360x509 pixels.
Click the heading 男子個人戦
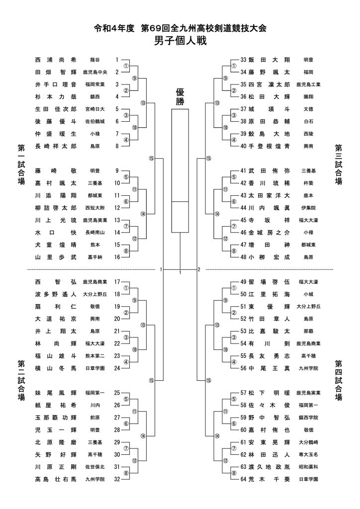[x=180, y=41]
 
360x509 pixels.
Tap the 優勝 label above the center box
[x=180, y=97]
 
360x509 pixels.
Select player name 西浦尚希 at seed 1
[x=56, y=60]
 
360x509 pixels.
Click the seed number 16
[x=117, y=257]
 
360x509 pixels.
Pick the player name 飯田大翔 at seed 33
[x=269, y=60]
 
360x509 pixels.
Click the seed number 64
[x=244, y=479]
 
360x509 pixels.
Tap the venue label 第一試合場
[x=21, y=165]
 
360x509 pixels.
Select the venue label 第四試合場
[x=339, y=380]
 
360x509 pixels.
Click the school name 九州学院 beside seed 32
[x=95, y=479]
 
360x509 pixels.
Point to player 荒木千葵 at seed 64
[x=269, y=479]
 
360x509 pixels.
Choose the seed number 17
[x=117, y=282]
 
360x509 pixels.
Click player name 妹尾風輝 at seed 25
[x=56, y=393]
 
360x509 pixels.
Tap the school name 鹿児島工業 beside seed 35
[x=308, y=85]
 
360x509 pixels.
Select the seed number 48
[x=244, y=257]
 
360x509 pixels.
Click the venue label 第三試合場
[x=339, y=165]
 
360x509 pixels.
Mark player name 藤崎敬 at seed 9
[x=56, y=171]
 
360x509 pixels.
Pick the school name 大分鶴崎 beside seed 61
[x=308, y=442]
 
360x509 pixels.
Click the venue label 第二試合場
[x=21, y=380]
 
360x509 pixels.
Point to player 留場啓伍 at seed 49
[x=269, y=282]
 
